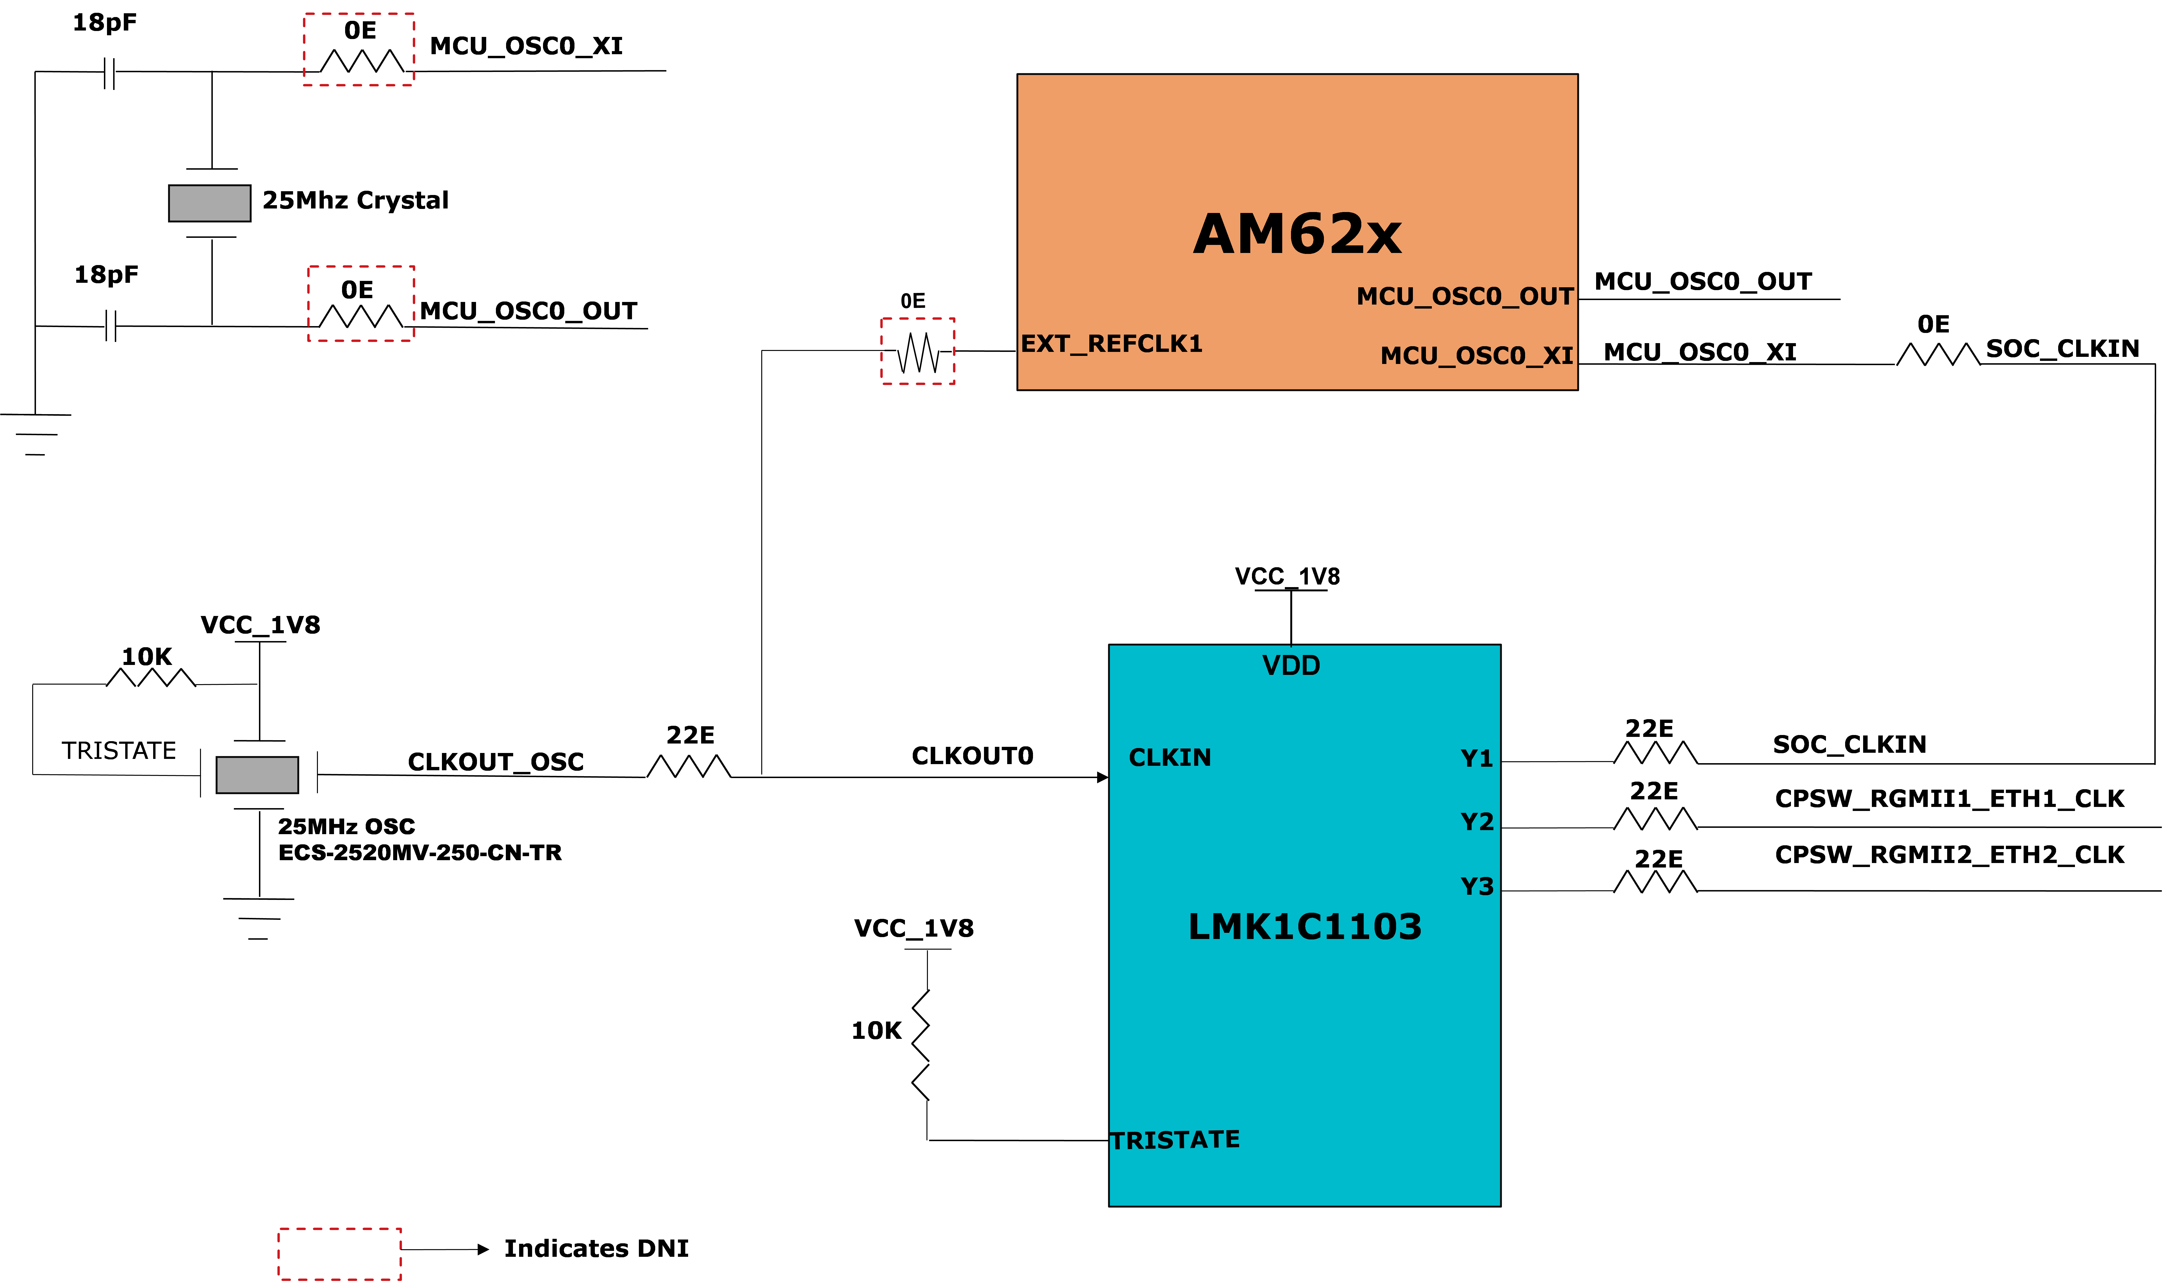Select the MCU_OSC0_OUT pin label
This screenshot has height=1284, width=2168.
click(1464, 297)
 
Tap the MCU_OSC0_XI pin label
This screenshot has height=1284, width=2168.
click(1477, 356)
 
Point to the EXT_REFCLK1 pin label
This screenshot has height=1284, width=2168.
click(1111, 344)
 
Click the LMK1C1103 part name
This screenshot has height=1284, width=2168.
click(1304, 927)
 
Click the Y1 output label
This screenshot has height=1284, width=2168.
click(1477, 759)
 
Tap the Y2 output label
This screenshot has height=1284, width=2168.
click(1477, 822)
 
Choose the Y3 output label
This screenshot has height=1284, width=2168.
click(1477, 887)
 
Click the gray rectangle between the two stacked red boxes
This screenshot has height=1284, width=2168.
click(209, 203)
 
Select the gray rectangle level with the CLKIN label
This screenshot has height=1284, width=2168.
click(257, 775)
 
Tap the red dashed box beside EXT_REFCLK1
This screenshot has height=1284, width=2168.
click(917, 351)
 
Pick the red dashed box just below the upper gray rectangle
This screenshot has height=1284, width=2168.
click(361, 304)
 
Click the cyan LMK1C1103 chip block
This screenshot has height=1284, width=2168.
click(1304, 1021)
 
